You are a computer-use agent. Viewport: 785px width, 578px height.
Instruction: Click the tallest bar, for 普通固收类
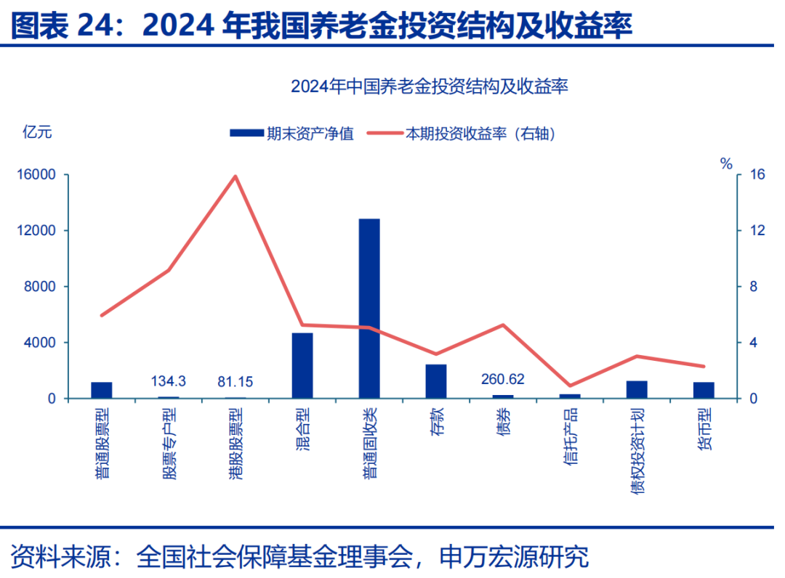point(369,308)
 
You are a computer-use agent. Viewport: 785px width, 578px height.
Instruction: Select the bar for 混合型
point(302,365)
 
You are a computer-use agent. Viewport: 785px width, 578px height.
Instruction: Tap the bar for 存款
point(436,381)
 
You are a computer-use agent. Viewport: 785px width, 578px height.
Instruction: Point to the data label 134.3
point(169,380)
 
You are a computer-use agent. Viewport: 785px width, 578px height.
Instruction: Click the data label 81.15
point(235,380)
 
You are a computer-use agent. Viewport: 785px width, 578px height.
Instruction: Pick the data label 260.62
point(503,379)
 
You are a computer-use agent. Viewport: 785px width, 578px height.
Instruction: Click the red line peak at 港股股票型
point(235,176)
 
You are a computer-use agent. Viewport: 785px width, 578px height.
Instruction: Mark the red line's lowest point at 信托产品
point(570,386)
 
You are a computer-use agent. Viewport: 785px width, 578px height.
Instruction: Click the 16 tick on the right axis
point(759,175)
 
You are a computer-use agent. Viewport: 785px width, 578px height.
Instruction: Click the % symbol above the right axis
point(726,164)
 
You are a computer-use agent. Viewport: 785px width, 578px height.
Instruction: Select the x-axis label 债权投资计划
point(637,450)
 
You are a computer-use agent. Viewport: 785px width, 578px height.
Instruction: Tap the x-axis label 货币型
point(704,430)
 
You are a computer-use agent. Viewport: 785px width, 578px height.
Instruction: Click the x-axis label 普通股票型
point(102,443)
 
